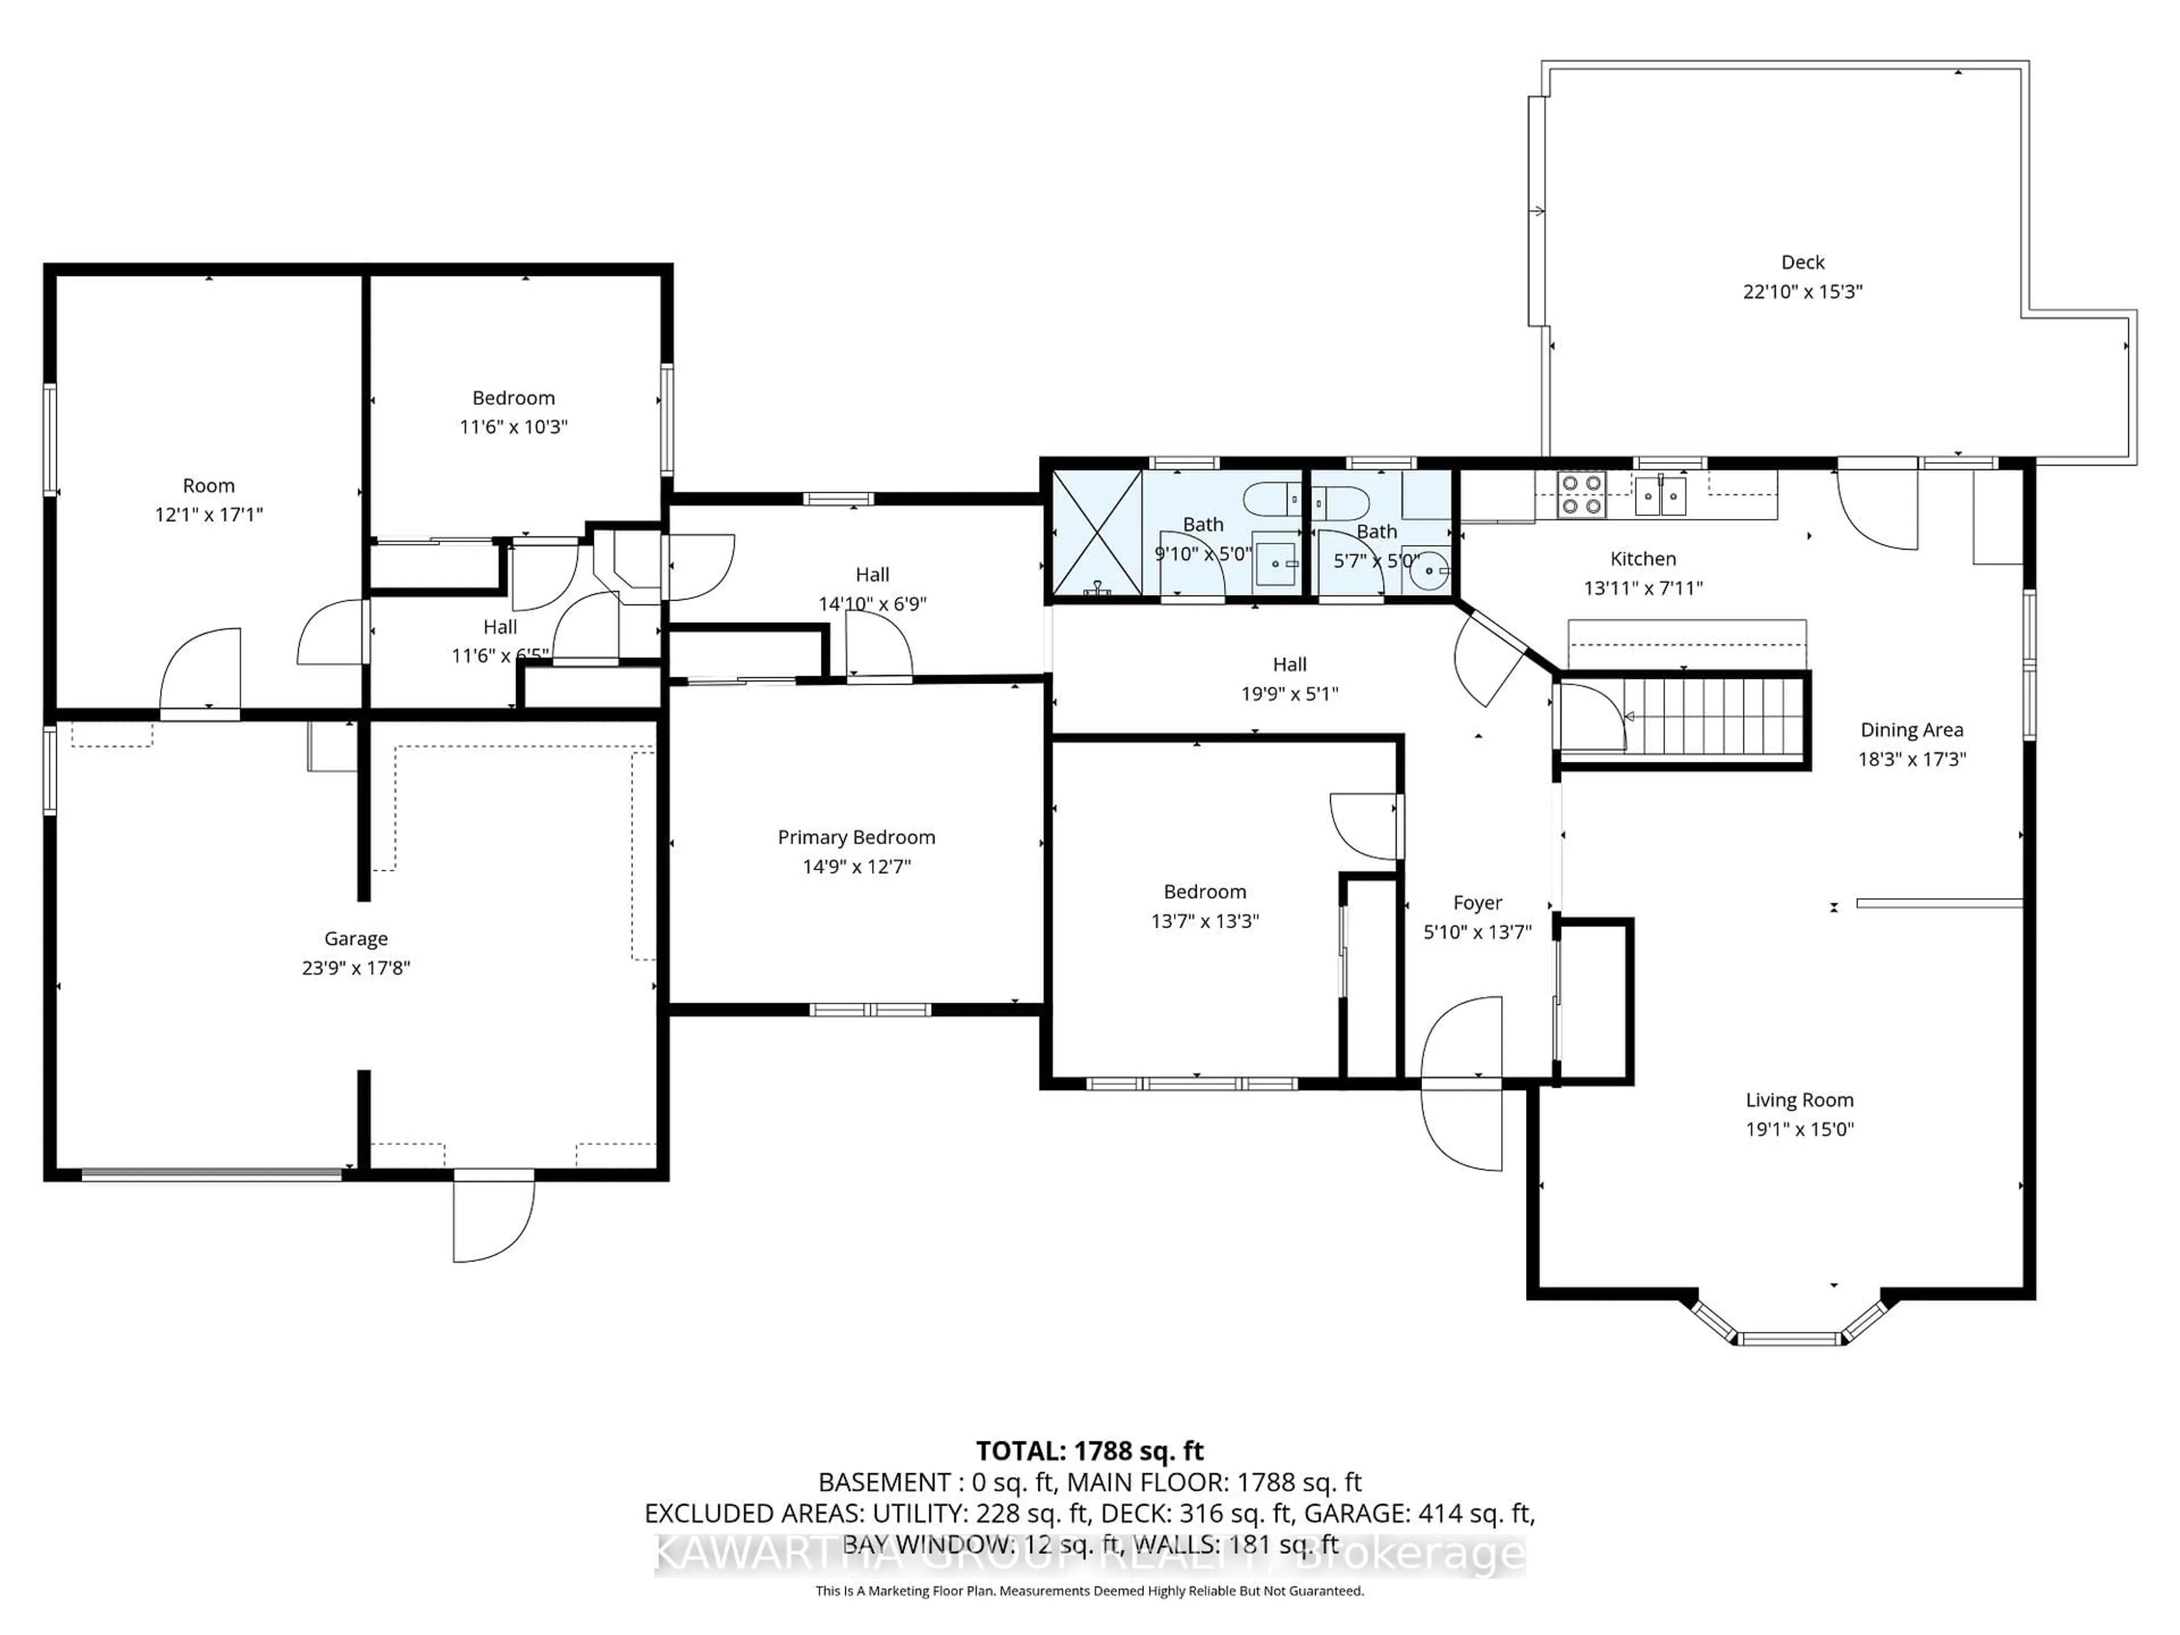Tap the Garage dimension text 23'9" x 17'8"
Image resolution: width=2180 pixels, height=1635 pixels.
coord(356,968)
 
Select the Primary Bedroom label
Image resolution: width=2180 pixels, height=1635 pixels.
coord(856,837)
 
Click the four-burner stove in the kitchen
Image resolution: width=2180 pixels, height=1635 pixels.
coord(1581,494)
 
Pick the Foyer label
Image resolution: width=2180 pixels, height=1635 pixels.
coord(1477,903)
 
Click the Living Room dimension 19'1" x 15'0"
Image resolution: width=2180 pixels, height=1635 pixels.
coord(1800,1129)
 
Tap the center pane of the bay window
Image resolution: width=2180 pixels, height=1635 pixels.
coord(1789,1338)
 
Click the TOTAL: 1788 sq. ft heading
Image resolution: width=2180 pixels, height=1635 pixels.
coord(1089,1450)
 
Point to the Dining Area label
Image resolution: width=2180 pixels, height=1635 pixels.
coord(1911,730)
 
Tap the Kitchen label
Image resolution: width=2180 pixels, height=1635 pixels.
coord(1643,559)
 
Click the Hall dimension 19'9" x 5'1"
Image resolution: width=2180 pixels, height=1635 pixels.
coord(1289,694)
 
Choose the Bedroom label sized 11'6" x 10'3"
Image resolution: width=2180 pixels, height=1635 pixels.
coord(513,398)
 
